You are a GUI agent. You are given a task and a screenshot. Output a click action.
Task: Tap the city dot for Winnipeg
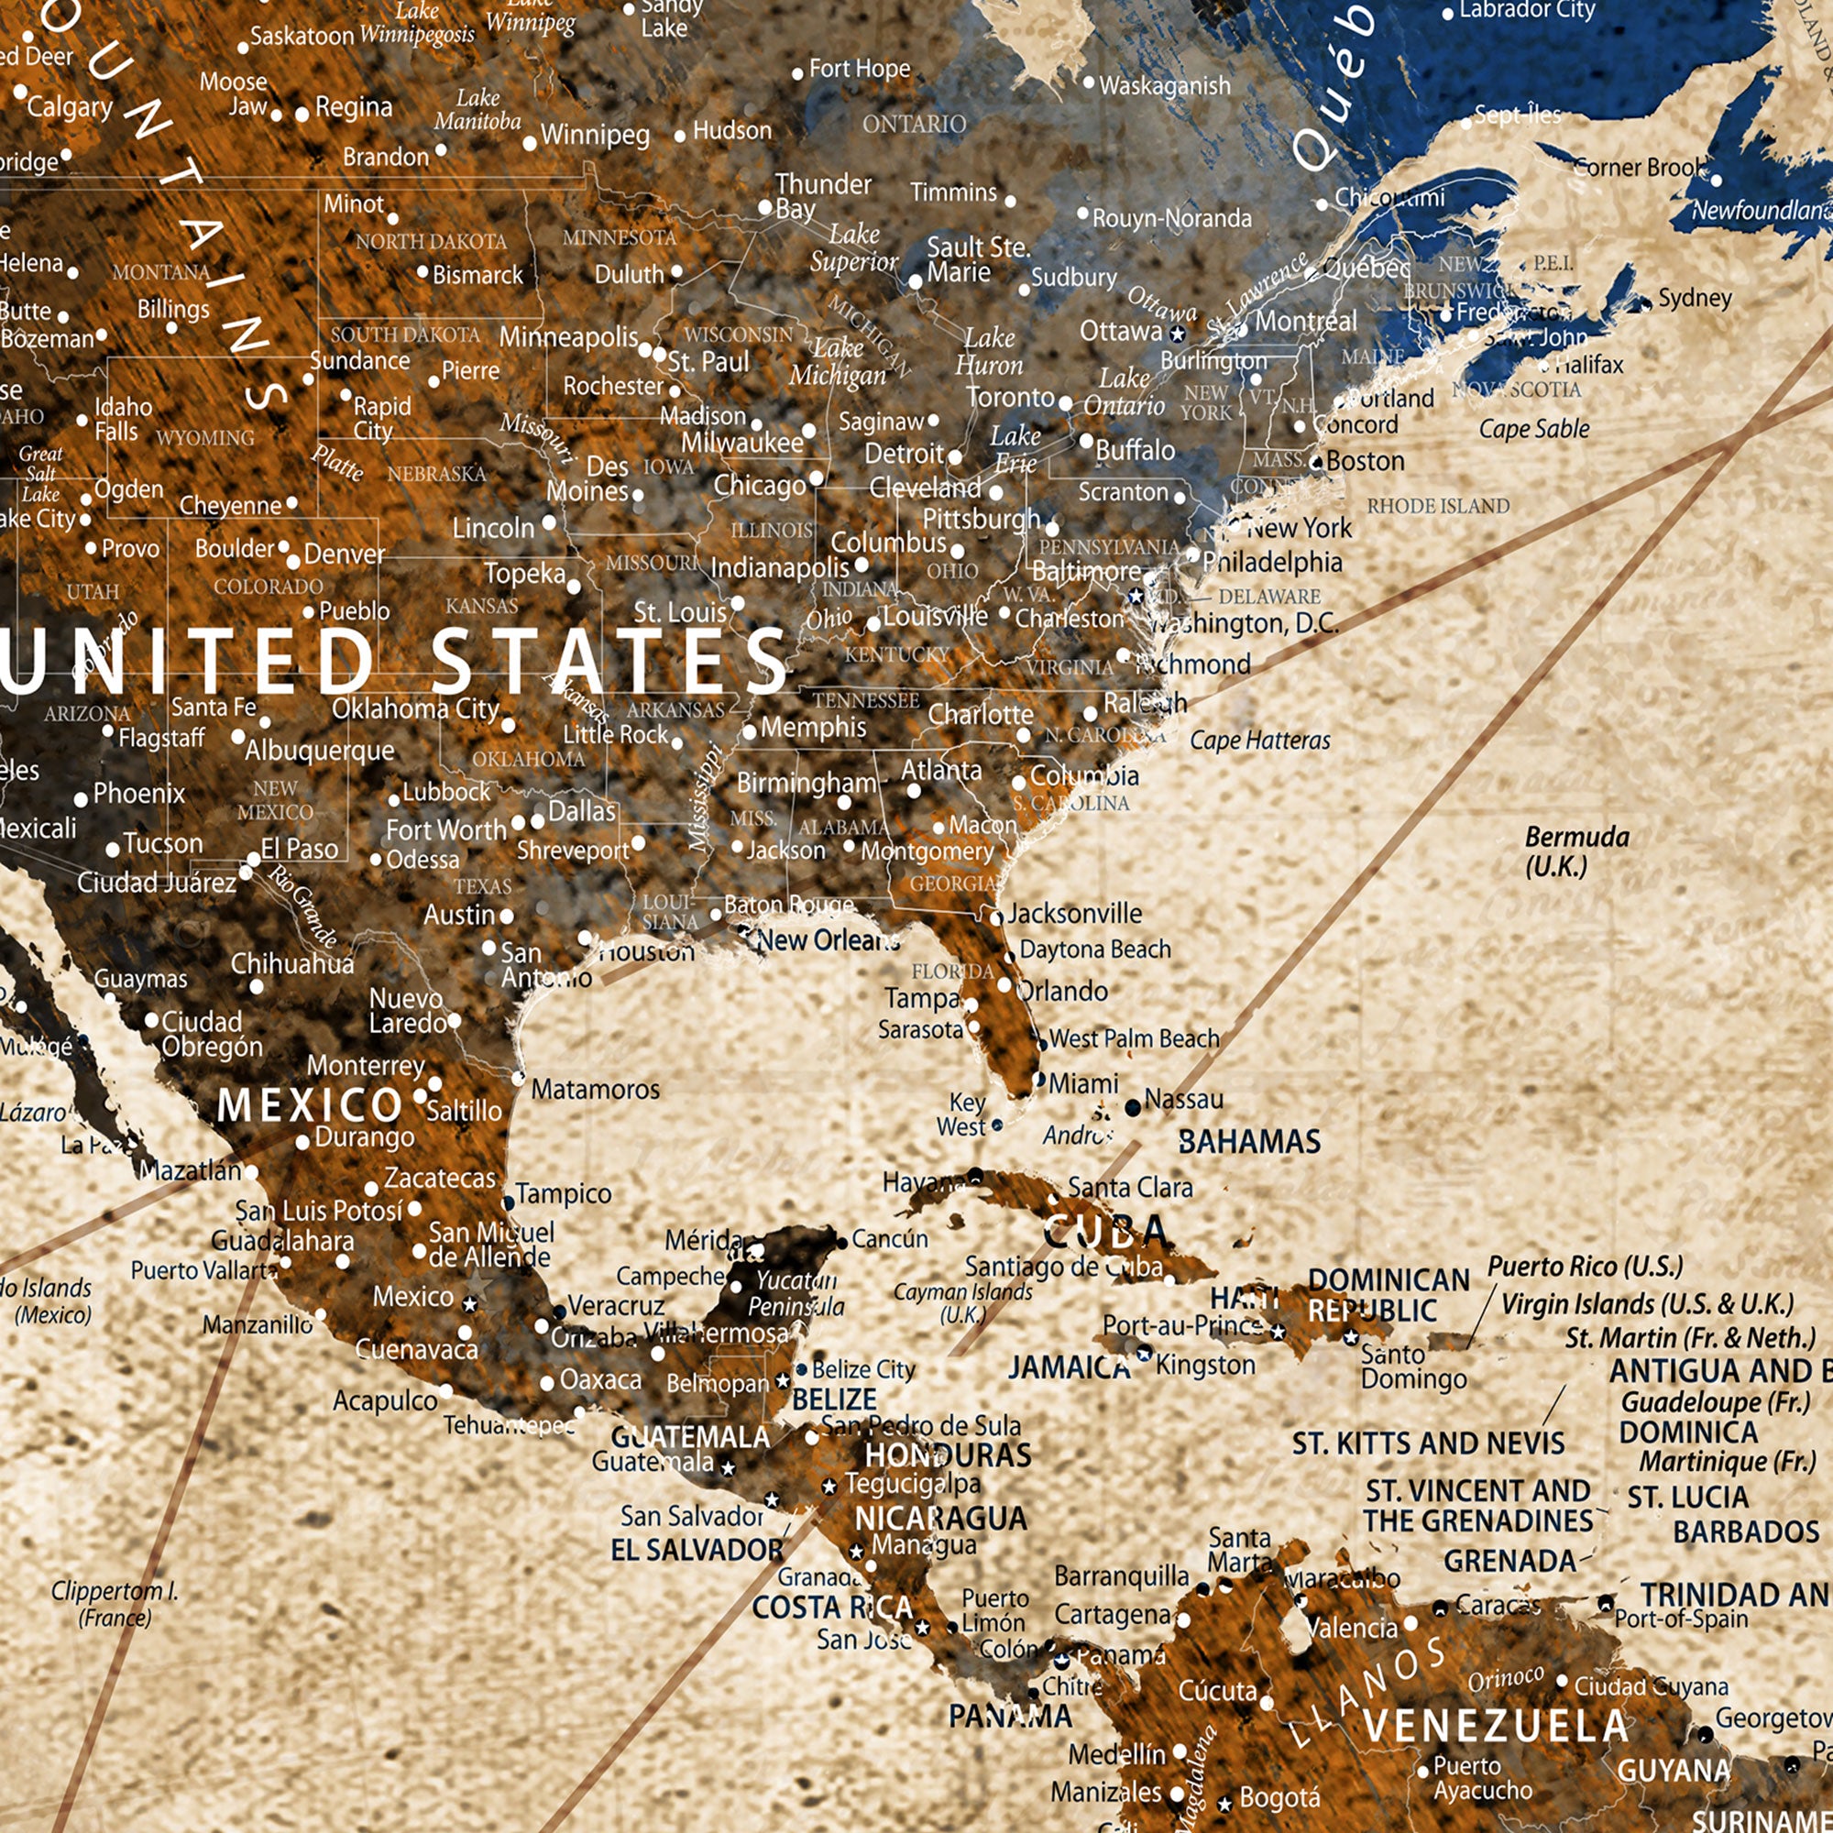click(x=530, y=144)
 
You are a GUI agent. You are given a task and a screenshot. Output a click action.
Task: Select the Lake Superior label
click(x=853, y=247)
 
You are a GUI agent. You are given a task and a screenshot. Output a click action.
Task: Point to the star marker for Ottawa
click(x=1178, y=334)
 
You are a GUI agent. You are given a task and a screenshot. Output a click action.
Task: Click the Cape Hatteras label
click(x=1260, y=740)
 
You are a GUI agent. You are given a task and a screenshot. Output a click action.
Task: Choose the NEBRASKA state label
click(x=436, y=474)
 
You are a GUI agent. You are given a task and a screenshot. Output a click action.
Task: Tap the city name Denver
click(x=345, y=554)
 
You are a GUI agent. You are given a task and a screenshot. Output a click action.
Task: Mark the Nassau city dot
click(x=1132, y=1107)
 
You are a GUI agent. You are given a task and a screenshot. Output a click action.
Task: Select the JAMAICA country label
click(x=1070, y=1367)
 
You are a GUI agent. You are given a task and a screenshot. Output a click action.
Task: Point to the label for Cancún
click(x=889, y=1239)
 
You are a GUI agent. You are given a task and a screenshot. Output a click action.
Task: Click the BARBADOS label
click(x=1746, y=1532)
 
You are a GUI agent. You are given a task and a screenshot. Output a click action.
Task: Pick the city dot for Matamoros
click(x=518, y=1078)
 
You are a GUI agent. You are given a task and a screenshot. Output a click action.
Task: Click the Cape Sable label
click(x=1534, y=429)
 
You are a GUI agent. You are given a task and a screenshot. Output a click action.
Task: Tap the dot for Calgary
click(x=20, y=92)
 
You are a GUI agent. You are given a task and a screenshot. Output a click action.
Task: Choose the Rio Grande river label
click(x=302, y=906)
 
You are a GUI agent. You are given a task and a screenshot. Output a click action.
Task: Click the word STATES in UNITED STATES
click(x=609, y=662)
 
